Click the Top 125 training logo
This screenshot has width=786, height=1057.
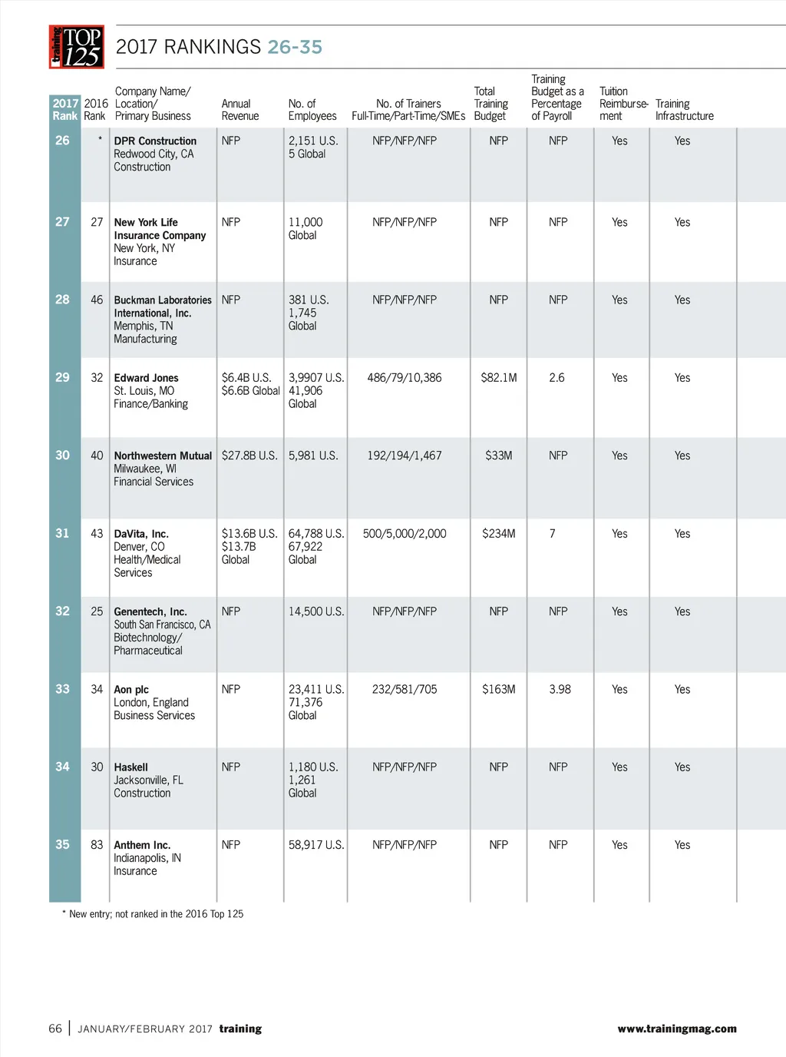77,47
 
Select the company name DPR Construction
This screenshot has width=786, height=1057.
155,141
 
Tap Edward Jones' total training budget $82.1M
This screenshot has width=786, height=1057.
499,378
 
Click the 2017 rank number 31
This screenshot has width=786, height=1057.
62,533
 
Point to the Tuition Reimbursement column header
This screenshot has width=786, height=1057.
623,104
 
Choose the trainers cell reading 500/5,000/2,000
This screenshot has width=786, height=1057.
405,534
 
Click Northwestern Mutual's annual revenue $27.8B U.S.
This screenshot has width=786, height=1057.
249,456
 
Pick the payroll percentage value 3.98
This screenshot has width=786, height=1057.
560,690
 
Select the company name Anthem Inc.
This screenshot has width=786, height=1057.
142,845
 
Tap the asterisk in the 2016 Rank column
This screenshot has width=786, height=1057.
100,140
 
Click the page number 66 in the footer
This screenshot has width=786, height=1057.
55,1029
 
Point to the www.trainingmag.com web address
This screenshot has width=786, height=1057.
676,1029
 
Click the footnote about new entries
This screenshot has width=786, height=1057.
153,914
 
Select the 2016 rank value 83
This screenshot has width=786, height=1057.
97,845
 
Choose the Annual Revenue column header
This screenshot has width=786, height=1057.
240,110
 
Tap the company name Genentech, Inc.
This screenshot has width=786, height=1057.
150,612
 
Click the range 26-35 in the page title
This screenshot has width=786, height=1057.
295,47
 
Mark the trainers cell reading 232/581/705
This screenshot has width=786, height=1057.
405,690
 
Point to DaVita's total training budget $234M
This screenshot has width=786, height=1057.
499,534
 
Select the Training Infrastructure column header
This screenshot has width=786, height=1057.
684,110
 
